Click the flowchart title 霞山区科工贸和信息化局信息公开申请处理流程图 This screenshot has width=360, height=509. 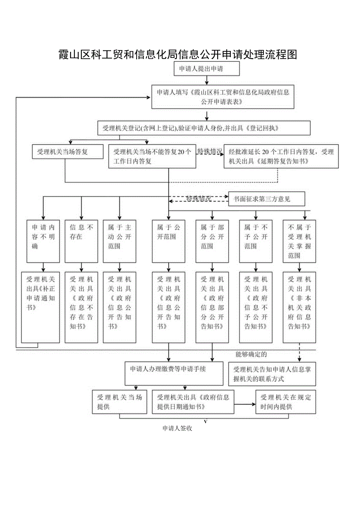178,54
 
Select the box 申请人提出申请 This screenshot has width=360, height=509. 207,69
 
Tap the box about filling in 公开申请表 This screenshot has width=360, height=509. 223,97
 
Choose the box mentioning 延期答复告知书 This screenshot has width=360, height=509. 281,156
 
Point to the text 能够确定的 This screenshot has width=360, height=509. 251,354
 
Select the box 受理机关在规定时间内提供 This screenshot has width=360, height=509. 286,402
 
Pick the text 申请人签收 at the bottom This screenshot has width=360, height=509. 177,428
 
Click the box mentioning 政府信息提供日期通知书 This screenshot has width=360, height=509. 193,402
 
